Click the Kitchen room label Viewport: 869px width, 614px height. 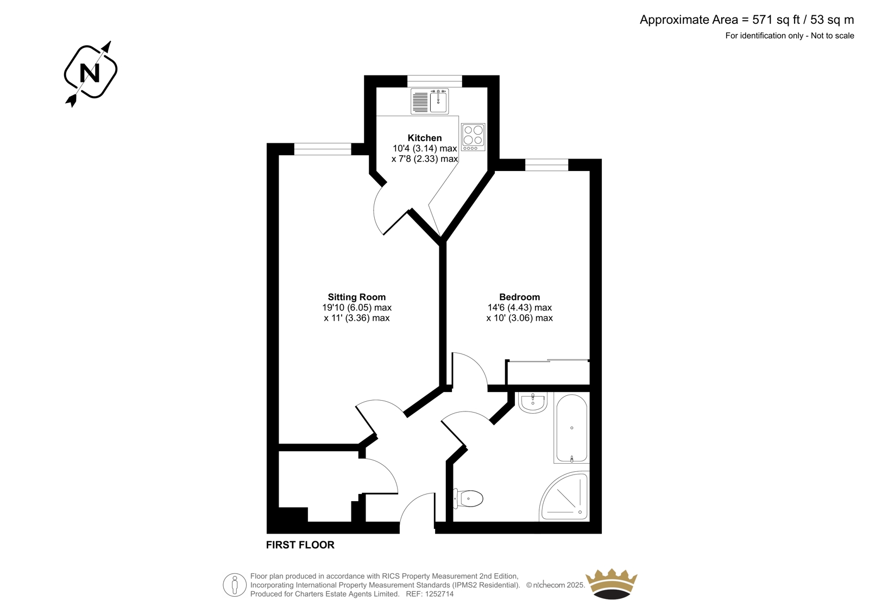click(424, 138)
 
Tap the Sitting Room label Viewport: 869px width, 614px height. click(356, 297)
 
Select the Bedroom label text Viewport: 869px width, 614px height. click(519, 297)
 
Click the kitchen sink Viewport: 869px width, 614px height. click(430, 101)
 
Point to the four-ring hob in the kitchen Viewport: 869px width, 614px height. click(473, 137)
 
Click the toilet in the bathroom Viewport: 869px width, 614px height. click(468, 498)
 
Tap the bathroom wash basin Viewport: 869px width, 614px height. click(533, 402)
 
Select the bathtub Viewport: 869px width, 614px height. click(572, 428)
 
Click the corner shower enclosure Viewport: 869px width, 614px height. click(564, 496)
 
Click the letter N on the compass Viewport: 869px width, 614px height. click(90, 73)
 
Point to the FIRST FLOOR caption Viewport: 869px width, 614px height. click(300, 545)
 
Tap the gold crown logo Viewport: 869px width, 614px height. click(612, 584)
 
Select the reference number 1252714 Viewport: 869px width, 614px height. click(439, 594)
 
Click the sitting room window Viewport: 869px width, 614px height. click(323, 149)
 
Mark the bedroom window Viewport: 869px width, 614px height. click(546, 165)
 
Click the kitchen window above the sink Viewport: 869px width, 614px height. click(434, 81)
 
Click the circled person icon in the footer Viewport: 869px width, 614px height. click(235, 585)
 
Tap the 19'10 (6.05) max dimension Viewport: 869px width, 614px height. click(357, 308)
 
